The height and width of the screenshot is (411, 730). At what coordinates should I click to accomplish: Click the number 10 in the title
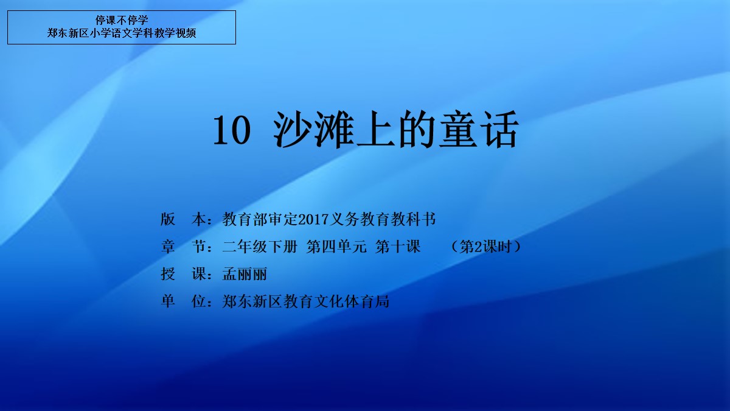coord(232,130)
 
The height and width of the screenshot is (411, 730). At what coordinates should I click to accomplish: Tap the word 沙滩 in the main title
coord(313,130)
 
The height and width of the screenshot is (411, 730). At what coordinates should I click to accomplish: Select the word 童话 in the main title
coord(478,130)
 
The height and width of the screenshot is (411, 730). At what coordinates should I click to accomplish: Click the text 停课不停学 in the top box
coord(122,20)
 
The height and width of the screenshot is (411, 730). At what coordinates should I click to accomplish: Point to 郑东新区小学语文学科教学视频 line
coord(122,33)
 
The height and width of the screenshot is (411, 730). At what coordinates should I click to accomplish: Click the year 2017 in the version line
coord(313,220)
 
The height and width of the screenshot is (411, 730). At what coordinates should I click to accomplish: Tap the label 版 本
coord(183,219)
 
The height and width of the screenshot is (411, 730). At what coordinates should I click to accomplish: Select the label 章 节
coord(183,247)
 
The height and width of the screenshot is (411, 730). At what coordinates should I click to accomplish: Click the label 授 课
coord(183,274)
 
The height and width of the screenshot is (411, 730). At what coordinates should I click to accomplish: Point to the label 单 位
coord(183,301)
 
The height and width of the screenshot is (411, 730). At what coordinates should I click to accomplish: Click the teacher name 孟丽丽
coord(245,274)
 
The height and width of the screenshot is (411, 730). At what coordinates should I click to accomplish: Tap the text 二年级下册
coord(260,247)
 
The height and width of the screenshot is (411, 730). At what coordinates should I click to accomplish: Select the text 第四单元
coord(336,247)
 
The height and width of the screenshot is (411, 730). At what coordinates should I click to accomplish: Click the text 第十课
coord(398,247)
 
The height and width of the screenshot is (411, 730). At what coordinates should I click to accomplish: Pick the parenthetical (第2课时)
coord(486,247)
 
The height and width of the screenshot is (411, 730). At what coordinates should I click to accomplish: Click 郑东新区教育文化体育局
coord(305,301)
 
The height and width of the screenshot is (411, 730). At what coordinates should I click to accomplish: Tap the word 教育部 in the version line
coord(245,219)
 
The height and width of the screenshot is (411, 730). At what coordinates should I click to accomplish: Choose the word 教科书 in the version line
coord(413,219)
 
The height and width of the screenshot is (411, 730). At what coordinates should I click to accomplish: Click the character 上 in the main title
coord(375,130)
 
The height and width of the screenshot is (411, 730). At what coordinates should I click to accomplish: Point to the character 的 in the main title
coord(417,130)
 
